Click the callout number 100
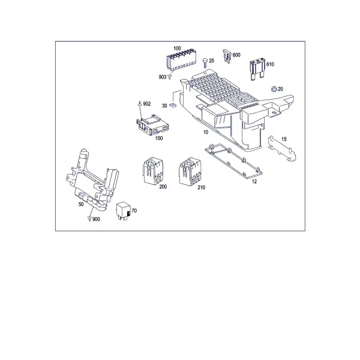click(177, 49)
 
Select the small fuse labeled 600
click(227, 56)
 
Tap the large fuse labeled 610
click(257, 70)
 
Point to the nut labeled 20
click(274, 89)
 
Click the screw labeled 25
click(205, 62)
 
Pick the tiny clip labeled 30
click(173, 105)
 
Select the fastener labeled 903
click(170, 77)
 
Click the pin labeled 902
click(139, 104)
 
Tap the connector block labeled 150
click(152, 126)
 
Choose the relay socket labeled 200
click(152, 171)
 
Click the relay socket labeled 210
click(190, 171)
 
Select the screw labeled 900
click(89, 219)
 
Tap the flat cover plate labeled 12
click(234, 161)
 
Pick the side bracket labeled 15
click(282, 149)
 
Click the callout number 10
click(206, 132)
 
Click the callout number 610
click(270, 64)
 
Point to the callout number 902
click(147, 104)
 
